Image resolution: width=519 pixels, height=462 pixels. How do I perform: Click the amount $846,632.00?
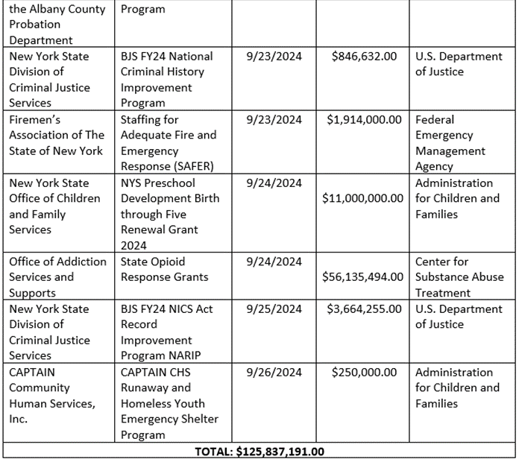[x=364, y=57]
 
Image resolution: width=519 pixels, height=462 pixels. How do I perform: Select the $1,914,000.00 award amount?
[x=364, y=120]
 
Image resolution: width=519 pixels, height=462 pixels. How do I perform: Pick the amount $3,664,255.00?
[x=364, y=309]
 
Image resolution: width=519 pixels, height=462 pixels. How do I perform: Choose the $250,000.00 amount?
[x=364, y=373]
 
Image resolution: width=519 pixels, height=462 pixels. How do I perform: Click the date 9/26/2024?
[x=274, y=373]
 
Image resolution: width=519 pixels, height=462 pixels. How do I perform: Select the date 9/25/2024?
[x=274, y=309]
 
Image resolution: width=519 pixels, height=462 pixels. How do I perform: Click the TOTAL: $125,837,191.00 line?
[x=259, y=452]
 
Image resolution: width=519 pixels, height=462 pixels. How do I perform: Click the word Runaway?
[x=144, y=388]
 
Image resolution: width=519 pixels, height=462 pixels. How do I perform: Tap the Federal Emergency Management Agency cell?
[x=450, y=143]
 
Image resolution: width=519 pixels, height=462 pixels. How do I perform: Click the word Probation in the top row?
[x=35, y=25]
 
